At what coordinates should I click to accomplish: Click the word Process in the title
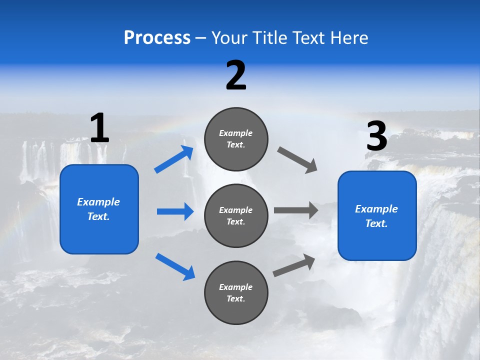coord(157,38)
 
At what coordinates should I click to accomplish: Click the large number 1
coord(99,128)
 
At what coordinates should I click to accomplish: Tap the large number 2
coord(236,75)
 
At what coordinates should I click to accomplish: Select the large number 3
coord(376,136)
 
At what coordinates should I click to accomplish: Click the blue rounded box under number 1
coord(99,209)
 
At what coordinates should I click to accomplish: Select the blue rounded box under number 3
coord(377,215)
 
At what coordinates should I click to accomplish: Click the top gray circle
coord(236,139)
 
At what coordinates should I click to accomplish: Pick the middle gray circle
coord(236,215)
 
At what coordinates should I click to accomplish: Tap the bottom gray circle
coord(236,292)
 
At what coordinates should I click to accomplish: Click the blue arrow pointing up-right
coord(174,160)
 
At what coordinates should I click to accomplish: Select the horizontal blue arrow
coord(175,211)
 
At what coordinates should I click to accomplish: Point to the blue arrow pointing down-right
coord(175,266)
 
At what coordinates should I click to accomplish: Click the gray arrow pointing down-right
coord(297,160)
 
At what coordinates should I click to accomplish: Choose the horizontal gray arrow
coord(296,210)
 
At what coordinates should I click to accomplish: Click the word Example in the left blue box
coord(98,202)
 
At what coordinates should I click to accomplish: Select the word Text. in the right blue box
coord(376,223)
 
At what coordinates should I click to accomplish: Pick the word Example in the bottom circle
coord(236,287)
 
